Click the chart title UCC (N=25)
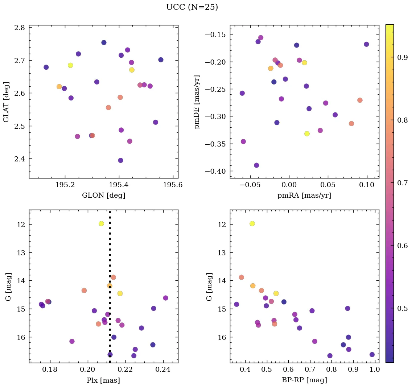click(x=192, y=7)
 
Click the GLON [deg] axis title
click(x=103, y=195)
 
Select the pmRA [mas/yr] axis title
click(x=304, y=195)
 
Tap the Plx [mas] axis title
click(x=103, y=380)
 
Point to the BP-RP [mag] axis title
click(x=304, y=380)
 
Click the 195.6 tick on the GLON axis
click(x=173, y=185)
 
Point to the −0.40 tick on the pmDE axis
click(x=217, y=171)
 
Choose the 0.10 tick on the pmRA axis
click(x=367, y=185)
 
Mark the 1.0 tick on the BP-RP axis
click(x=375, y=370)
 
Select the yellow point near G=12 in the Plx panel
click(x=101, y=223)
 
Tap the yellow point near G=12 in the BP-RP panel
click(x=252, y=223)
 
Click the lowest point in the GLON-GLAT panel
click(x=120, y=160)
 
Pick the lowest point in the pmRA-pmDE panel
click(x=256, y=165)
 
